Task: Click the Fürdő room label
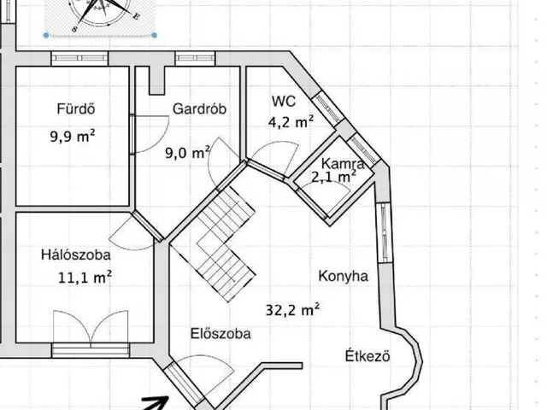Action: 76,108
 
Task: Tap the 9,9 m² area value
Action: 72,136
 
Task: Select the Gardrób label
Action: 199,108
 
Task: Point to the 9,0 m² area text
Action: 187,152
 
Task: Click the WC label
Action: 284,101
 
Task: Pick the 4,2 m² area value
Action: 291,122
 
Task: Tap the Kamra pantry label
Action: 343,163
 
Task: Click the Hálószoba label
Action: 76,255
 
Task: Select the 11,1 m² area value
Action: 85,278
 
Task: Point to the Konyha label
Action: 344,276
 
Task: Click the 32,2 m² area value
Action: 292,309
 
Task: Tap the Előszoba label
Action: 221,334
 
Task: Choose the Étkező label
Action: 368,356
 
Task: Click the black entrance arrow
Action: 156,403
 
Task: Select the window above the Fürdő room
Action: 79,58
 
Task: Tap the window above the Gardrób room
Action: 195,58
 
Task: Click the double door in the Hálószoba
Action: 91,328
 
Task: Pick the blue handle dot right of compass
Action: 155,35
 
